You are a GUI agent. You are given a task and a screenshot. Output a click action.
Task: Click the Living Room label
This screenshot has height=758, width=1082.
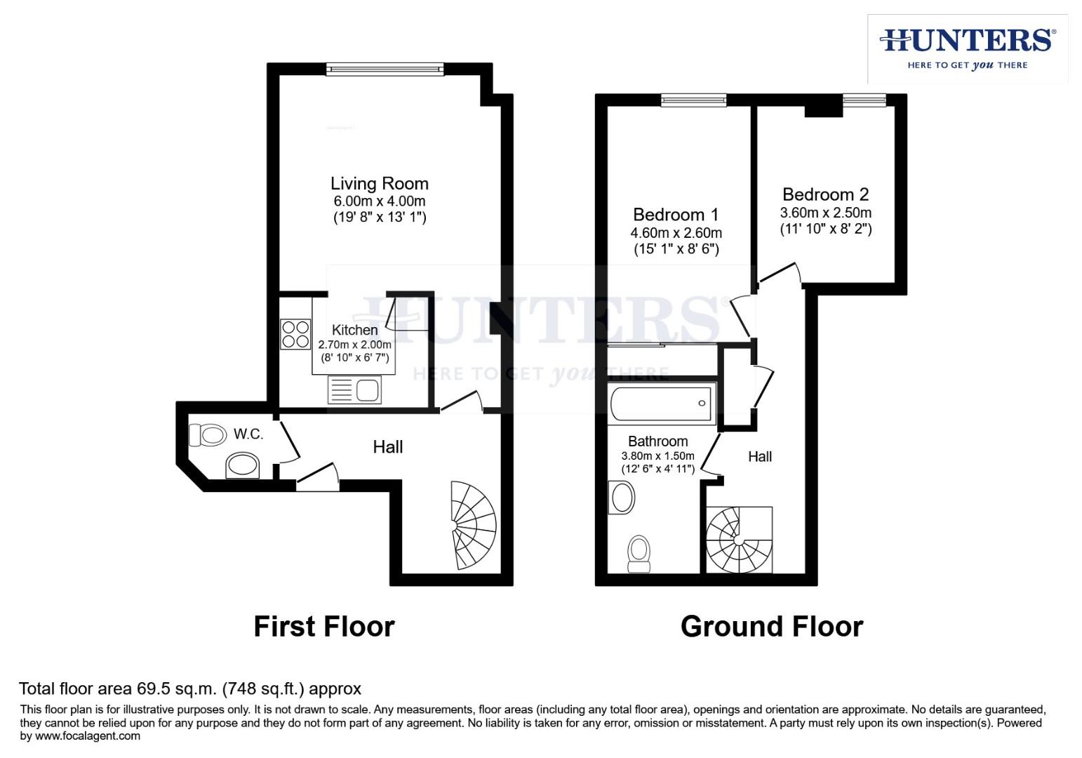(x=380, y=184)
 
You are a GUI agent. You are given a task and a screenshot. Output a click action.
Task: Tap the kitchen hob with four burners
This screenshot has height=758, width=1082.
(x=295, y=334)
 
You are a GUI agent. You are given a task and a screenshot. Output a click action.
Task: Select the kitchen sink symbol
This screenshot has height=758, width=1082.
(x=354, y=390)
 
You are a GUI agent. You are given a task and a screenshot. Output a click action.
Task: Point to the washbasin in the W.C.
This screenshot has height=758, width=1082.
(x=243, y=465)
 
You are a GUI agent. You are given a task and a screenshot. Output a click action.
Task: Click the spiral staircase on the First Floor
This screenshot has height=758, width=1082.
(x=473, y=525)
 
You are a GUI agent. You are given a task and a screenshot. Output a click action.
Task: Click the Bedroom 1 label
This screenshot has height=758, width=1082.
(x=675, y=215)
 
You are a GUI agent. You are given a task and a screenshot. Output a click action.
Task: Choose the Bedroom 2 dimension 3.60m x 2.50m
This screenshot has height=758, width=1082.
(x=826, y=213)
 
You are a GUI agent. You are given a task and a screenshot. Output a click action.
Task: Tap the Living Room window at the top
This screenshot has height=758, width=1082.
(x=385, y=69)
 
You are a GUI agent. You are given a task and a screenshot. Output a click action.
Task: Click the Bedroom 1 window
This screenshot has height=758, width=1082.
(x=693, y=100)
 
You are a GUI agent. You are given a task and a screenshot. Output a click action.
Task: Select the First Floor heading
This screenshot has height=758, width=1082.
(x=324, y=626)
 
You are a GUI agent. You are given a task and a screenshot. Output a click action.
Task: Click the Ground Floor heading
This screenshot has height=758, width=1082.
(x=771, y=626)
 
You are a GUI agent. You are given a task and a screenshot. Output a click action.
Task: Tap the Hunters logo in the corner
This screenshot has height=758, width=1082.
(x=968, y=48)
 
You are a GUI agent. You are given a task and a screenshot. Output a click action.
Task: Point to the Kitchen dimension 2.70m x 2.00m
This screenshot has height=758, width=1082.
(x=354, y=345)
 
